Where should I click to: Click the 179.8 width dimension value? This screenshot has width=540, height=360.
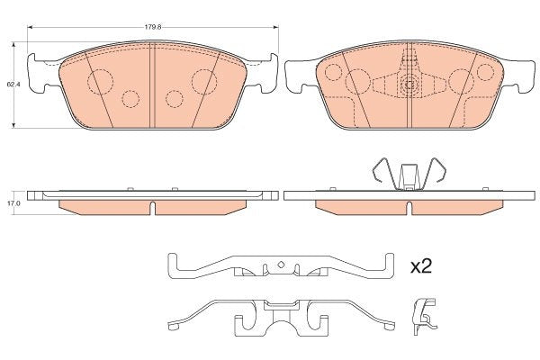click(153, 27)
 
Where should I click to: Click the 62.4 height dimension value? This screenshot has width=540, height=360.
click(13, 84)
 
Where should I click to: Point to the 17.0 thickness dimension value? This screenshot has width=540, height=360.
click(13, 203)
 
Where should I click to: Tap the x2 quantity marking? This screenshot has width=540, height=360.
click(421, 266)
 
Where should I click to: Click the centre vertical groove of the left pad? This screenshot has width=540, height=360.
click(152, 85)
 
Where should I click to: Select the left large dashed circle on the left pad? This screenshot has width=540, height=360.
click(100, 82)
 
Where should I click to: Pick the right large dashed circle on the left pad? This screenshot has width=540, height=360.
click(204, 82)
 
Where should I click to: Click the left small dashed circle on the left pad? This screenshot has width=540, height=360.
click(130, 99)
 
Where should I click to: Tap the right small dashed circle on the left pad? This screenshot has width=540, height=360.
click(175, 99)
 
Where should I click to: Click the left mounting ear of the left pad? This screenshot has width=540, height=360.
click(36, 74)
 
